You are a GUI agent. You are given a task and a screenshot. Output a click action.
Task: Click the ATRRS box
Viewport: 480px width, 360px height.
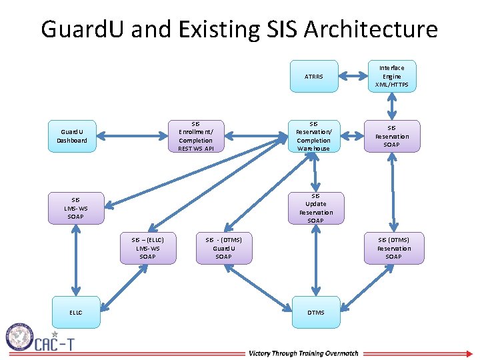(313, 76)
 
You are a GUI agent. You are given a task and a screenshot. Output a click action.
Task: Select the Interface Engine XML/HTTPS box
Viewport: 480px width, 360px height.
(392, 76)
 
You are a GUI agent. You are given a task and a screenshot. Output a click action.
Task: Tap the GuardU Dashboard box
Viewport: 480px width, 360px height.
(72, 136)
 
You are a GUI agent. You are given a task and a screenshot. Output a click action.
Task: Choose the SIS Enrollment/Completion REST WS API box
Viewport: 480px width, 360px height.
(195, 136)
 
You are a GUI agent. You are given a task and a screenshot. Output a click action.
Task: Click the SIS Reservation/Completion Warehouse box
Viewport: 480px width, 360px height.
(313, 136)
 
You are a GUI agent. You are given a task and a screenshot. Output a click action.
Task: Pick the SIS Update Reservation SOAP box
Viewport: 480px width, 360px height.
(315, 208)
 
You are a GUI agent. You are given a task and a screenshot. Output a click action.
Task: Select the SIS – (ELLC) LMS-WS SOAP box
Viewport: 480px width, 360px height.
(147, 248)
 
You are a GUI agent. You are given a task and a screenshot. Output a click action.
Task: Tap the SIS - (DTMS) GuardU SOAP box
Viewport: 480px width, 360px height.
(223, 248)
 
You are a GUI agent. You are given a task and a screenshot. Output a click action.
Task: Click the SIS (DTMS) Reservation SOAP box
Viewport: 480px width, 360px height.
(393, 248)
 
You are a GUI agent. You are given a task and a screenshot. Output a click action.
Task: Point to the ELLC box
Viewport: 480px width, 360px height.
(75, 312)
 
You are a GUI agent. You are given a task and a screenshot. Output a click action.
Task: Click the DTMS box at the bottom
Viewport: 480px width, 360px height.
(315, 312)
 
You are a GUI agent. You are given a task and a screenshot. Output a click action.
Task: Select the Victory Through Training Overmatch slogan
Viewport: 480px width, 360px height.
(303, 353)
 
